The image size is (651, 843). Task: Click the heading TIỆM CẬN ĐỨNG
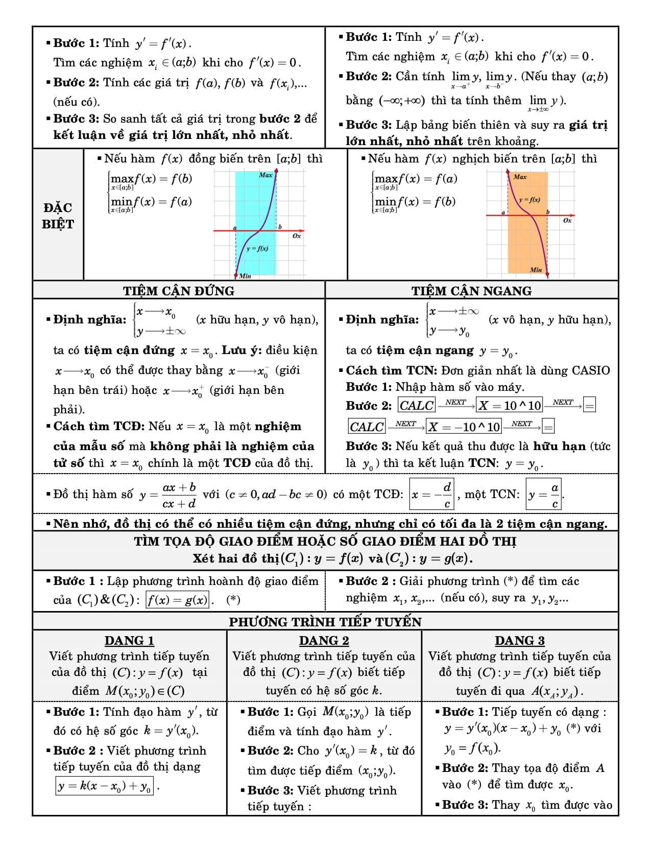tap(178, 291)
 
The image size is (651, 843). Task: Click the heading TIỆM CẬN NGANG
tap(471, 291)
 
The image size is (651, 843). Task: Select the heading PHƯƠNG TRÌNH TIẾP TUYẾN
tap(325, 622)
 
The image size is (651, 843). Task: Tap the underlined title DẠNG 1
tap(129, 641)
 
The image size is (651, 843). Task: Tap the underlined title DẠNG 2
tap(324, 641)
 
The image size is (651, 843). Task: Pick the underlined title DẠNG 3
tap(519, 641)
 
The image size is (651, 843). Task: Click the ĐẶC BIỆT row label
tap(58, 216)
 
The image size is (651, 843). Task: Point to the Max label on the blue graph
tap(266, 175)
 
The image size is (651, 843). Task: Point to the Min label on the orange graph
tap(536, 270)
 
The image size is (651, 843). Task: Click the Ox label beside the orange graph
tap(567, 221)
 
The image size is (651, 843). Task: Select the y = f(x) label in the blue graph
tap(257, 249)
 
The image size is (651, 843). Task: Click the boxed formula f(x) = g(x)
tap(178, 599)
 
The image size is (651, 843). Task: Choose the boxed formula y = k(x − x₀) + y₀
tap(105, 786)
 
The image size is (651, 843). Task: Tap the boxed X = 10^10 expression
tap(509, 406)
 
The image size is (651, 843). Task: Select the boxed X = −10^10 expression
tap(464, 427)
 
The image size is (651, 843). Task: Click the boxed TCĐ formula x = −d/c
tap(431, 494)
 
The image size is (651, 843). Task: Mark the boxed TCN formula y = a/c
tap(544, 494)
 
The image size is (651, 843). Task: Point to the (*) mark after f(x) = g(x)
tap(233, 599)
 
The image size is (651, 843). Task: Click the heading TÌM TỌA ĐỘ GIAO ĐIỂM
tap(325, 542)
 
